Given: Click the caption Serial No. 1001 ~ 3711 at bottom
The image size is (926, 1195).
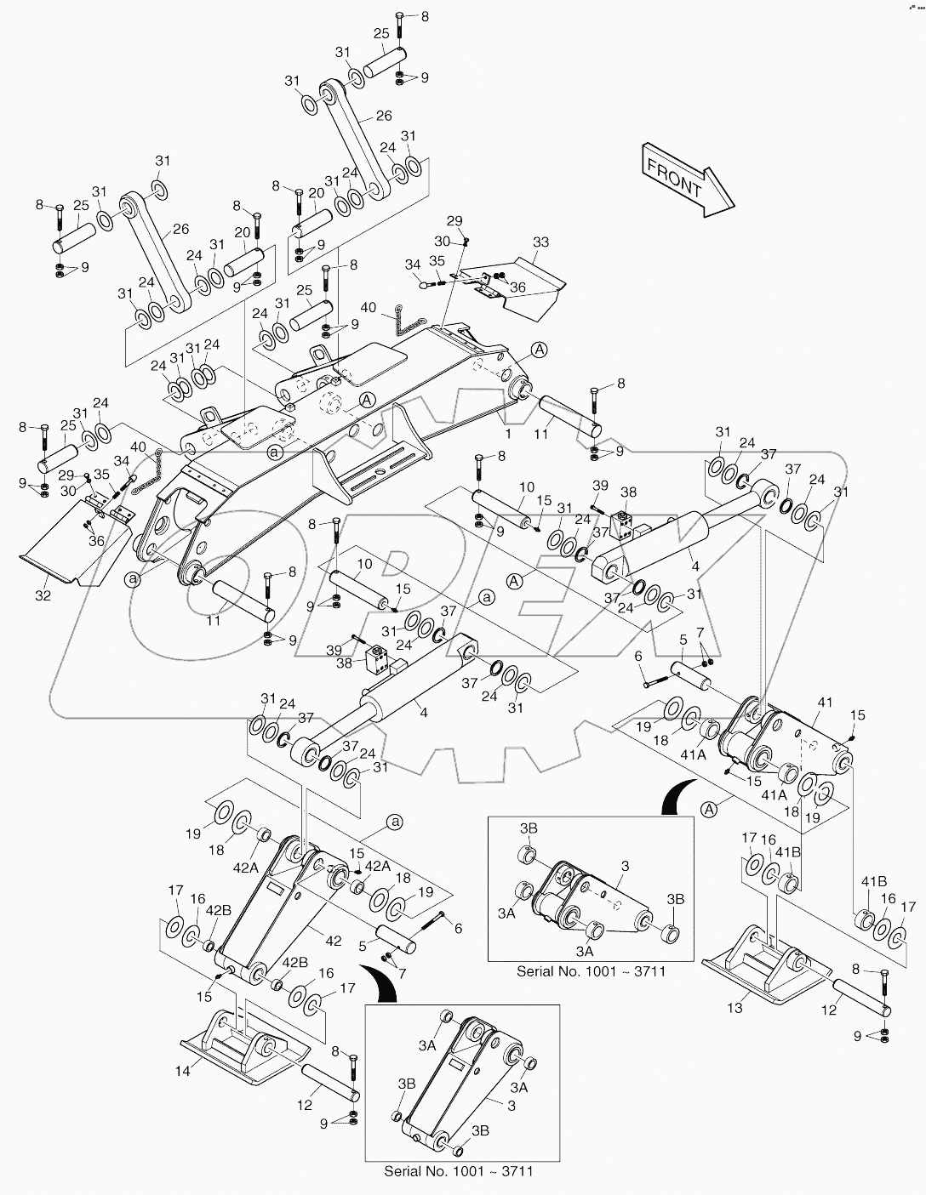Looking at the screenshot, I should point(458,1171).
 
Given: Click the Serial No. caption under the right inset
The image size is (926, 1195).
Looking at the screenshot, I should point(591,971).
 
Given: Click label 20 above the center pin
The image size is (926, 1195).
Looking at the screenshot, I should point(317,193).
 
